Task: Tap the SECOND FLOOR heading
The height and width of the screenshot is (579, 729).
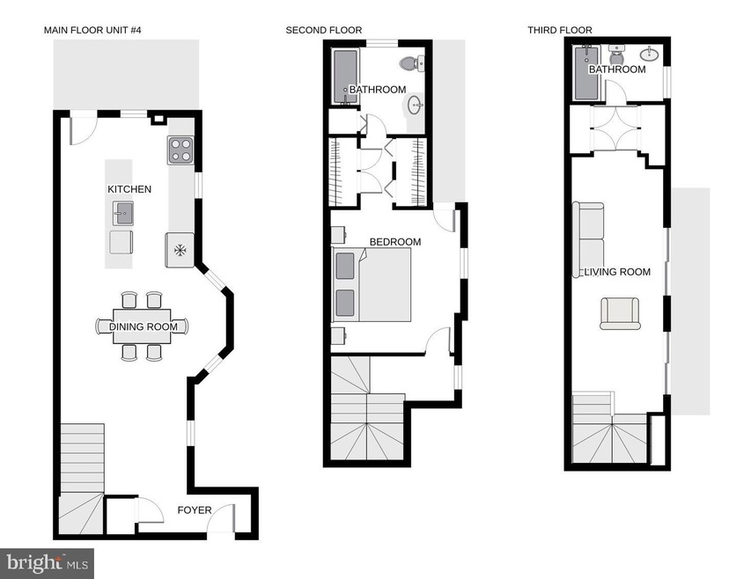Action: [x=323, y=30]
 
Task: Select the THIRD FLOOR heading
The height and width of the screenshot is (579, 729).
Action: [x=559, y=30]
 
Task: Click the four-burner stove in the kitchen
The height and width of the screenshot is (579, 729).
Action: [x=180, y=150]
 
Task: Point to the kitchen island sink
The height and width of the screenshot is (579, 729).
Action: [x=122, y=212]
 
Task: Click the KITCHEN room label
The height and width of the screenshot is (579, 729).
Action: [x=129, y=189]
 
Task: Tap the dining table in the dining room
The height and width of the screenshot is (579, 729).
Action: [x=143, y=326]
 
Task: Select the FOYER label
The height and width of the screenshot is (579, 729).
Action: [x=194, y=509]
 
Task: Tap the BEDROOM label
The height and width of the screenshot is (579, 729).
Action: [x=394, y=242]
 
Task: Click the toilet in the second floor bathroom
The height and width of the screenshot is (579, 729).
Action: [x=410, y=63]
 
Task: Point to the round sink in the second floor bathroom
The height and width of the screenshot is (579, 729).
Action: [x=415, y=107]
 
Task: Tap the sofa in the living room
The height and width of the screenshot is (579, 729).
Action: [x=587, y=233]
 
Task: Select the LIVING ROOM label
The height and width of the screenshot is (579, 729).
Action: [x=617, y=272]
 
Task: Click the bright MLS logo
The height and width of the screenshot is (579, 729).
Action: [x=48, y=562]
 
